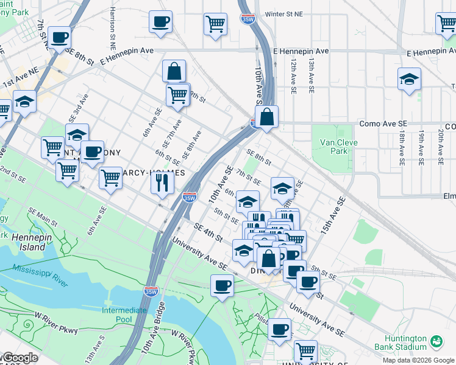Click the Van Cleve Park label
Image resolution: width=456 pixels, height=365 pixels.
pyautogui.click(x=339, y=147)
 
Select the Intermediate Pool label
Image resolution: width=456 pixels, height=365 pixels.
pyautogui.click(x=124, y=315)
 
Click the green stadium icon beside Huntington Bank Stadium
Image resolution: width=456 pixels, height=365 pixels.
pyautogui.click(x=436, y=342)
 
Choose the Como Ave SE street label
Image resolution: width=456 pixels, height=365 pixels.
pyautogui.click(x=383, y=123)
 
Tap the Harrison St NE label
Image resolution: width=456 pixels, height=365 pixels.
pyautogui.click(x=113, y=28)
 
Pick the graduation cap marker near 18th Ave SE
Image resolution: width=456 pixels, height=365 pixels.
pyautogui.click(x=409, y=79)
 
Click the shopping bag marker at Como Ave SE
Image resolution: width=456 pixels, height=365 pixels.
pyautogui.click(x=266, y=117)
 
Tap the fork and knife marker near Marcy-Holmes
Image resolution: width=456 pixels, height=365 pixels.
pyautogui.click(x=162, y=182)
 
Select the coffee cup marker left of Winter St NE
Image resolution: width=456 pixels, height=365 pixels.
pyautogui.click(x=160, y=23)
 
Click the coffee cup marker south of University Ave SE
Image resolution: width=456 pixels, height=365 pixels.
pyautogui.click(x=222, y=285)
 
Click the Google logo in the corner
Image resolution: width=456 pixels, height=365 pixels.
pyautogui.click(x=20, y=358)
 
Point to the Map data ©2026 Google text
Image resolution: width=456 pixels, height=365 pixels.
pyautogui.click(x=418, y=360)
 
